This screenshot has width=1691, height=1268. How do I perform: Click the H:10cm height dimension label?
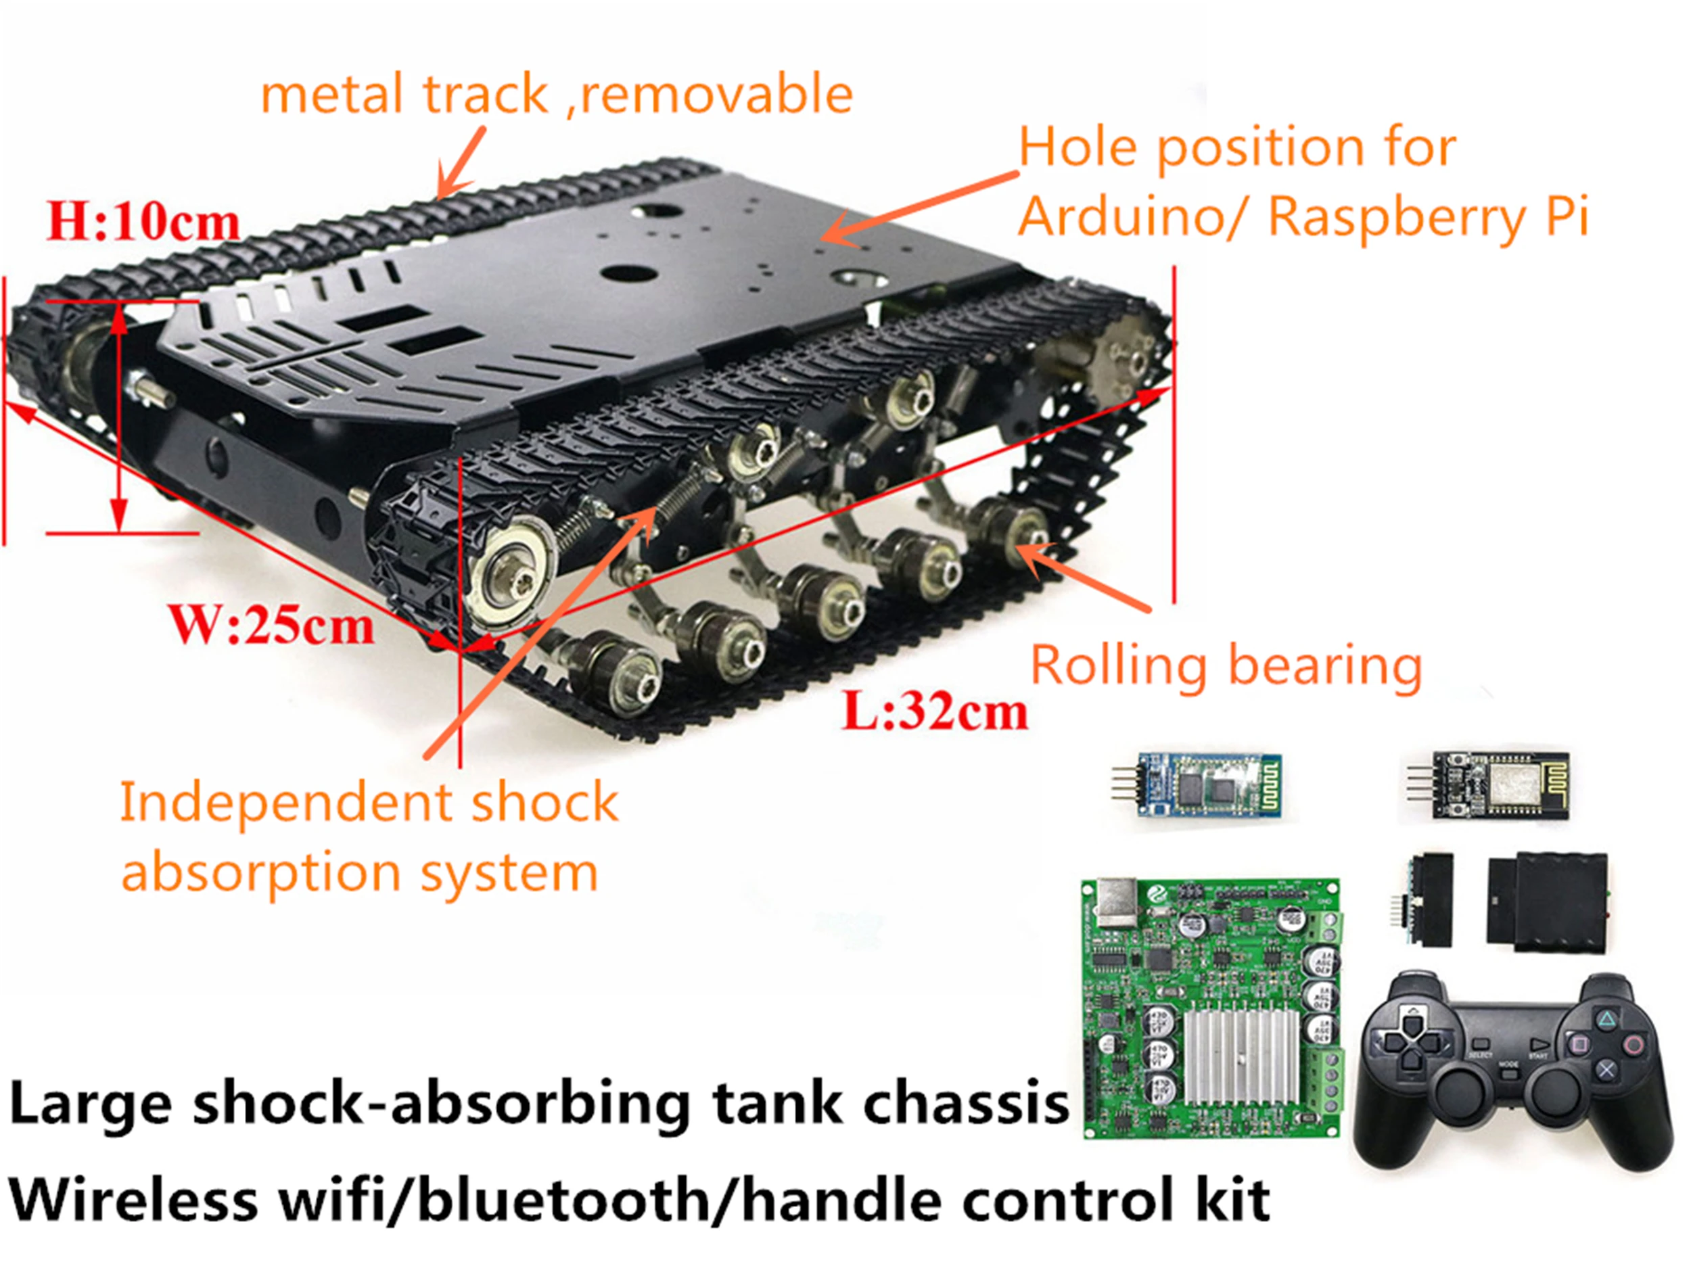pos(143,222)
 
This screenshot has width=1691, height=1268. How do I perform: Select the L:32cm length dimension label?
pos(934,711)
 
